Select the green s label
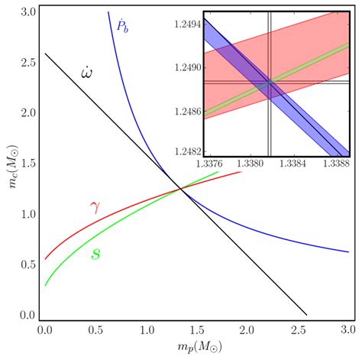click(95, 252)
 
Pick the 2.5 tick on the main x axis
click(297, 329)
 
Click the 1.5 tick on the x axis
click(196, 329)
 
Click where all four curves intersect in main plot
click(179, 189)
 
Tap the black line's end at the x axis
click(306, 314)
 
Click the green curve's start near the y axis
click(45, 285)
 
